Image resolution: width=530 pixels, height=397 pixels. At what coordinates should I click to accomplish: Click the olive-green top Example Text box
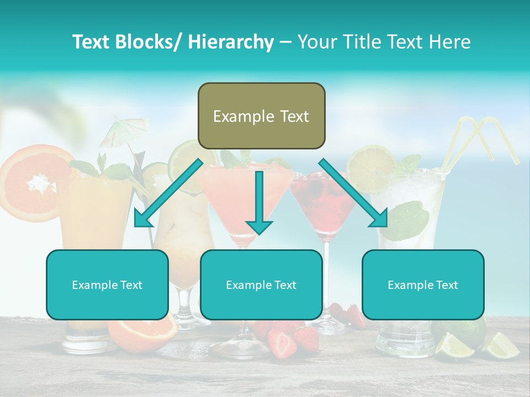pyautogui.click(x=261, y=116)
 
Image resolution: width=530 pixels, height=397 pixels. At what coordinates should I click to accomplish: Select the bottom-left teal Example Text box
pyautogui.click(x=107, y=285)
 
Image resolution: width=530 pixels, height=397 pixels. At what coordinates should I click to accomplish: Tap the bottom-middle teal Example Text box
pyautogui.click(x=261, y=285)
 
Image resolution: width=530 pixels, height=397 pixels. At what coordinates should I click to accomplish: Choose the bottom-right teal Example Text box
pyautogui.click(x=423, y=285)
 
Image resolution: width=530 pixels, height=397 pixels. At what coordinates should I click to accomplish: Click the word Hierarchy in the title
pyautogui.click(x=230, y=42)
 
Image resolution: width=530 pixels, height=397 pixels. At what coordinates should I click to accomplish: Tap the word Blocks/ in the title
pyautogui.click(x=149, y=42)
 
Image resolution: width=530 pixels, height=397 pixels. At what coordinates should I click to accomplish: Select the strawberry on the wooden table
pyautogui.click(x=283, y=343)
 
